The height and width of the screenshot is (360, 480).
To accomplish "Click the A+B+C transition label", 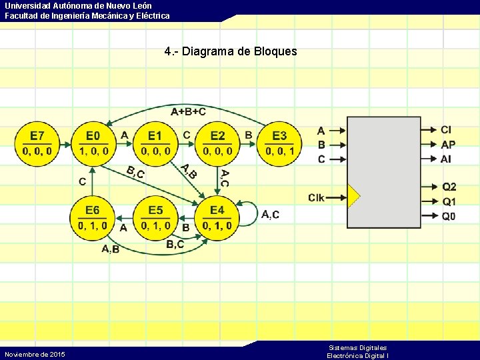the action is coord(188,111).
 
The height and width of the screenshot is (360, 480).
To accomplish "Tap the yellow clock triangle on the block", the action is coord(353,197).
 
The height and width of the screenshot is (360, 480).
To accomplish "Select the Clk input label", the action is coord(317,197).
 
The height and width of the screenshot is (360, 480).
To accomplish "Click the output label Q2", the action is coord(449,187).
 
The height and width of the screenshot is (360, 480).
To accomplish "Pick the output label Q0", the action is coord(449,216).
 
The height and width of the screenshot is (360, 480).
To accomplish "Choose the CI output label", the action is coord(446,129).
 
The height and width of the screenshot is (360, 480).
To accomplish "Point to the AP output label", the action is coord(448,144).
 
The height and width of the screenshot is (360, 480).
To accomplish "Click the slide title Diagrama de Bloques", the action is coord(230,51).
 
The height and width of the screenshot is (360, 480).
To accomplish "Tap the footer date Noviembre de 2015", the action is coord(35,354).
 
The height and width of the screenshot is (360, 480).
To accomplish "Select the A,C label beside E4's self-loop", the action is coord(271,215).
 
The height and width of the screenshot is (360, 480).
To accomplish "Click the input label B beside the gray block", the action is coord(321,145).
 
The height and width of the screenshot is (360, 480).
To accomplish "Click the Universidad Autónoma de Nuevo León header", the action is coord(78,6).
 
